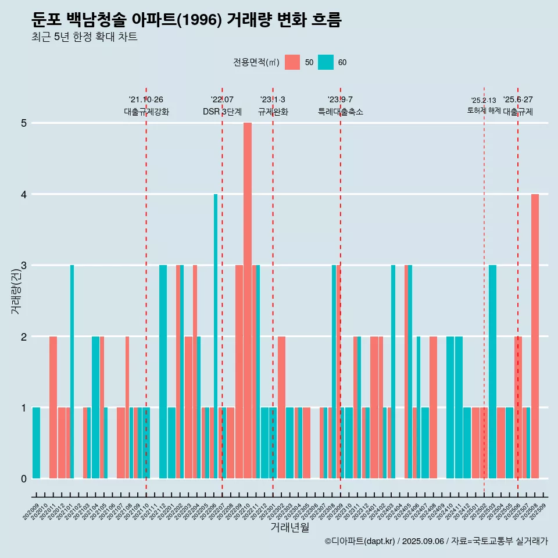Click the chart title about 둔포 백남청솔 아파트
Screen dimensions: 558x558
pyautogui.click(x=187, y=20)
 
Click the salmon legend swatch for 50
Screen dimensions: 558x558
pyautogui.click(x=292, y=62)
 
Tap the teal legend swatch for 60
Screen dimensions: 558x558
pyautogui.click(x=325, y=62)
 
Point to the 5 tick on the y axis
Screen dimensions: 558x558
pyautogui.click(x=24, y=123)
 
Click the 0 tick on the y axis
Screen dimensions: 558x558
pyautogui.click(x=24, y=479)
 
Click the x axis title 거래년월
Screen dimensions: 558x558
pyautogui.click(x=289, y=527)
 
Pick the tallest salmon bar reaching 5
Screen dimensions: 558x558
pyautogui.click(x=248, y=301)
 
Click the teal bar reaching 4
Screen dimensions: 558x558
pyautogui.click(x=216, y=336)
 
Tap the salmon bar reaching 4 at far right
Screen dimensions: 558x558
pyautogui.click(x=535, y=336)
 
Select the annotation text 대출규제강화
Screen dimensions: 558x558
pyautogui.click(x=146, y=112)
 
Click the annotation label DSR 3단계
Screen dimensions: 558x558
pyautogui.click(x=222, y=112)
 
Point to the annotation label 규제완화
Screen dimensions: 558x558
pyautogui.click(x=273, y=112)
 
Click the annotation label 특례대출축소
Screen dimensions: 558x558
pyautogui.click(x=341, y=112)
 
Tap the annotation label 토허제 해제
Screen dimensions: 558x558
pyautogui.click(x=484, y=110)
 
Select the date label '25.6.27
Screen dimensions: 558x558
pyautogui.click(x=518, y=100)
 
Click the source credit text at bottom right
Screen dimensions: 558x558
pyautogui.click(x=436, y=542)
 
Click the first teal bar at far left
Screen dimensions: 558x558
pyautogui.click(x=36, y=443)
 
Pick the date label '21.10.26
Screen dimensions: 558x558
pyautogui.click(x=146, y=100)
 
